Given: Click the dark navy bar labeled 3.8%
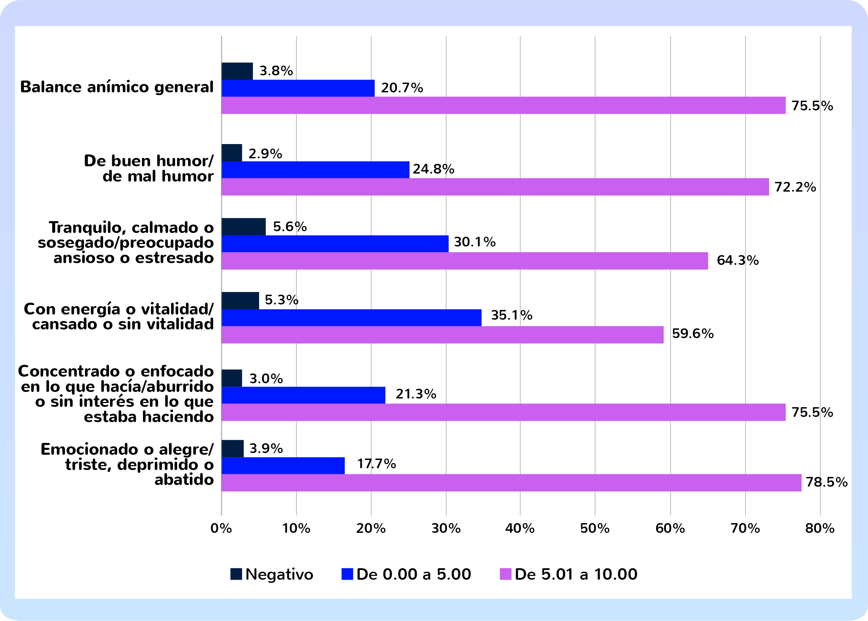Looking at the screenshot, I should click(237, 71).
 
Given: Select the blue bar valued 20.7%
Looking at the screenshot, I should click(298, 88).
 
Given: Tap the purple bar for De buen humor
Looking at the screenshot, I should click(495, 187).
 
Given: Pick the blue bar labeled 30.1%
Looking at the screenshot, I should click(335, 244).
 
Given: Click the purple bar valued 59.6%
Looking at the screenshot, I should click(442, 335).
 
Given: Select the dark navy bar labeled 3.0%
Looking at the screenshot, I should click(232, 378).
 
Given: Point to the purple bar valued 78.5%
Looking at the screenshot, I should click(511, 482).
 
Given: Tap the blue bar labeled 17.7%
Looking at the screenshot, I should click(283, 465).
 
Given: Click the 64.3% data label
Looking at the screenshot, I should click(737, 260).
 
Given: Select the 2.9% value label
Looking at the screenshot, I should click(265, 154).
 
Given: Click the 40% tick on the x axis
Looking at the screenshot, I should click(520, 528).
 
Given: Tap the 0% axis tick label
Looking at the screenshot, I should click(221, 528).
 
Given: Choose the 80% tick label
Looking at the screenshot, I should click(819, 528).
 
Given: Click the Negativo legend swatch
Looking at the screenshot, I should click(236, 574).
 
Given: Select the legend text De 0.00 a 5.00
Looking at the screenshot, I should click(414, 574).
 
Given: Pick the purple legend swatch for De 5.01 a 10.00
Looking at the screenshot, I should click(505, 574).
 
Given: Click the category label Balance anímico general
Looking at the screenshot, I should click(117, 87).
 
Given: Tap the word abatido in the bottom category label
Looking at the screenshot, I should click(184, 479).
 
